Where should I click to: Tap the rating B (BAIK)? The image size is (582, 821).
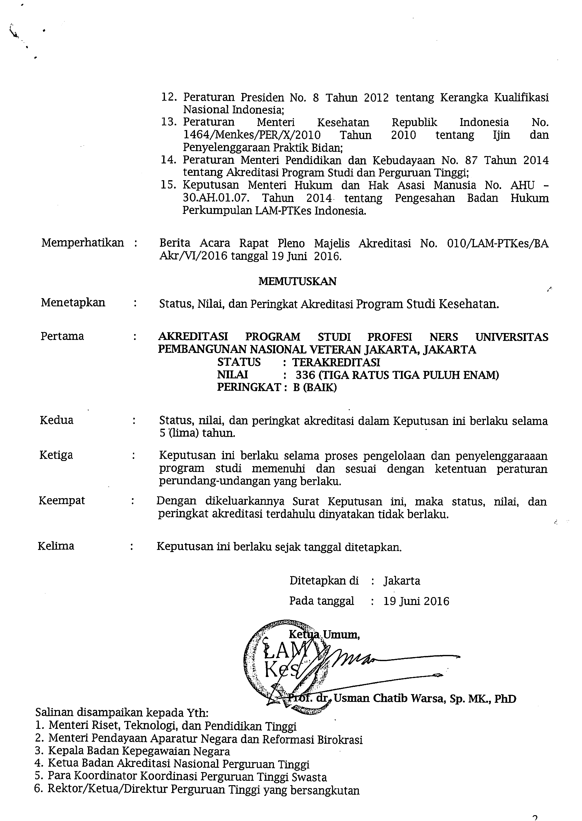click(x=315, y=388)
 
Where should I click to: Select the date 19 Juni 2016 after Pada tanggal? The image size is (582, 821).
click(x=416, y=601)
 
